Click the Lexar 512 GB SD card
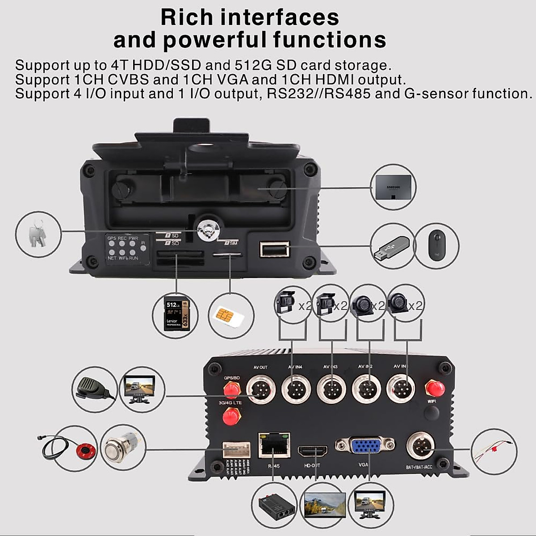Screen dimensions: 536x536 177,315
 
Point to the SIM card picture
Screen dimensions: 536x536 230,316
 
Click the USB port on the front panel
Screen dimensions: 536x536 274,249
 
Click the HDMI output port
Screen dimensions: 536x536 313,451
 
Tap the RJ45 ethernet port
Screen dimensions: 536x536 273,444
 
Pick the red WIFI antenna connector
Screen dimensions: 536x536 432,388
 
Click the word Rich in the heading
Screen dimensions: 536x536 187,17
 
